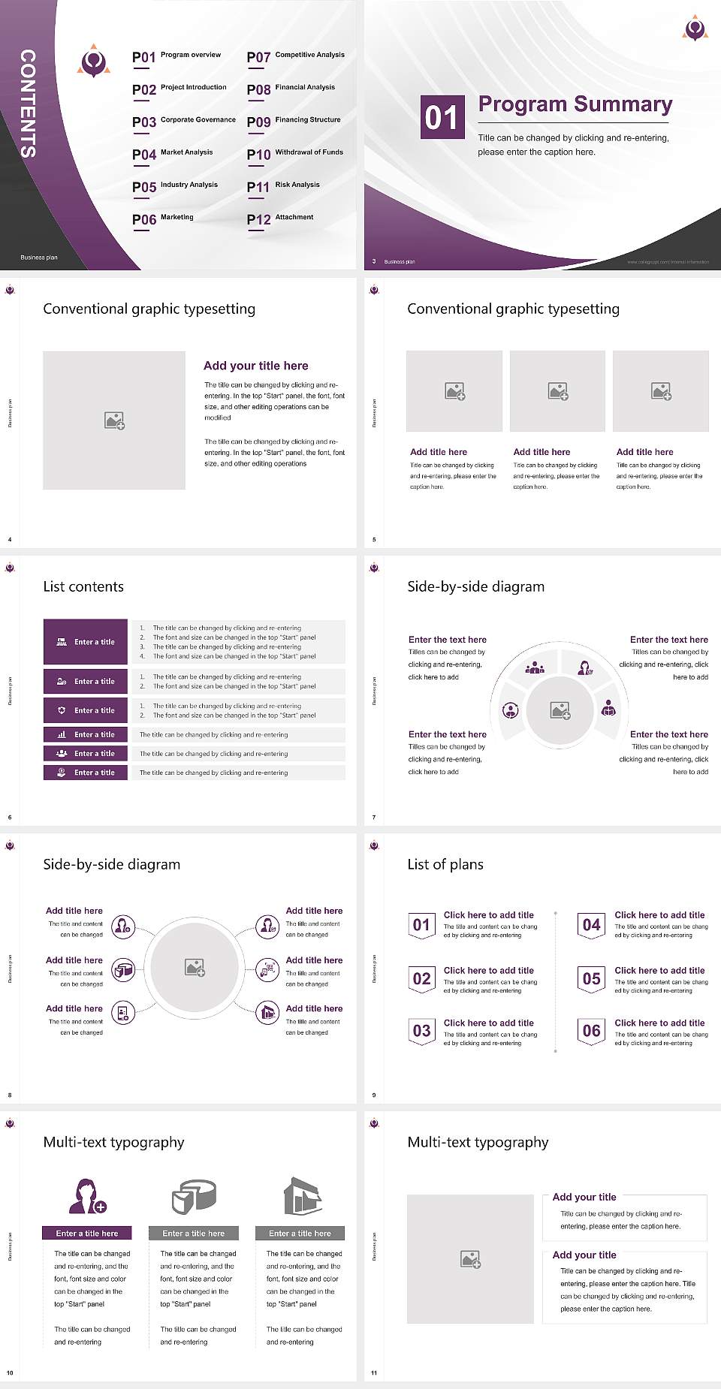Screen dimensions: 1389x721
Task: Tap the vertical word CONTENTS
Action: pos(28,103)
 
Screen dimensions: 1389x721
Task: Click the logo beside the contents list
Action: pos(93,61)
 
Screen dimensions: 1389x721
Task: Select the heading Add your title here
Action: pos(255,366)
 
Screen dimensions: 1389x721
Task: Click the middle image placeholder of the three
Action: pos(557,390)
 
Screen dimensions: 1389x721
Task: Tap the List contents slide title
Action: pos(83,586)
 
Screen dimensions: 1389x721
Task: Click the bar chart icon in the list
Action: pos(62,734)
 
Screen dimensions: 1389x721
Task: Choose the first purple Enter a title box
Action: pos(86,641)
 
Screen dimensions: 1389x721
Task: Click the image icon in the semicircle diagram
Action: pos(560,710)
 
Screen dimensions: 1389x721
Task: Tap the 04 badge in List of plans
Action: pos(592,925)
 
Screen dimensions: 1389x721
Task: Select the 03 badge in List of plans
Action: pos(421,1031)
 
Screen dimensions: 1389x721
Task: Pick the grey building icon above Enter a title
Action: pos(303,1195)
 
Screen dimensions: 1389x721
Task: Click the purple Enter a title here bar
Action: pos(86,1233)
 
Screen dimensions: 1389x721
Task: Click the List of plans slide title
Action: pos(445,864)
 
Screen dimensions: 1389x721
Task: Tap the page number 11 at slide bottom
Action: pos(374,1372)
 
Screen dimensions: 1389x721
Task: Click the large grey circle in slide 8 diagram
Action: pos(195,967)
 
